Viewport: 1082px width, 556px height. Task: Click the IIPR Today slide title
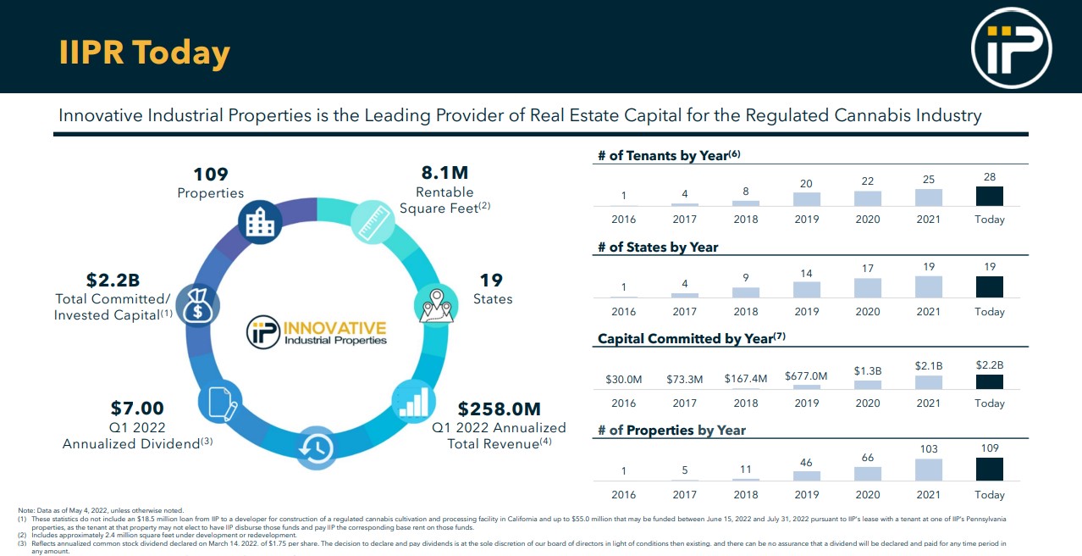tap(144, 53)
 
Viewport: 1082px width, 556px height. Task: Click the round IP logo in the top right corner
tap(1011, 48)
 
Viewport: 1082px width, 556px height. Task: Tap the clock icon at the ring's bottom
tap(317, 448)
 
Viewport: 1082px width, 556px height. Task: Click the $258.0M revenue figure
tap(499, 409)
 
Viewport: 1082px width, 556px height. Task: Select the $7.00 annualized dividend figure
tap(137, 409)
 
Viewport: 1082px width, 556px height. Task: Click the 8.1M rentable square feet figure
tap(444, 173)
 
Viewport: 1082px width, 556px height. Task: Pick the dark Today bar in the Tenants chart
tap(989, 196)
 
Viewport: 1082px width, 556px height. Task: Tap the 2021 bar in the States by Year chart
tap(928, 286)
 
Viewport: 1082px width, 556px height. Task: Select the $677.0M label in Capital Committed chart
tap(806, 375)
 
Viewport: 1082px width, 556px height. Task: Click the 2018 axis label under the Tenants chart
tap(746, 220)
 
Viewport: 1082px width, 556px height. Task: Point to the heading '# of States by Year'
tap(658, 247)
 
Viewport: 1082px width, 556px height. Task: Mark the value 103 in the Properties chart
tap(928, 448)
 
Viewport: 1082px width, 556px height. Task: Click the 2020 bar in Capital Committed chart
tap(868, 384)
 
